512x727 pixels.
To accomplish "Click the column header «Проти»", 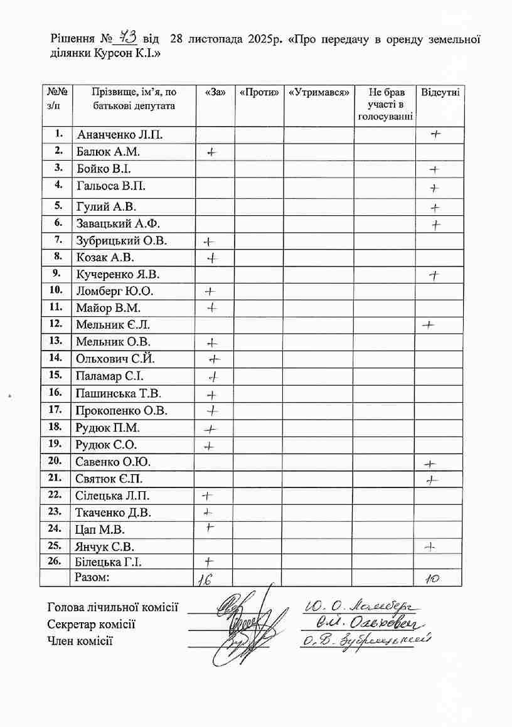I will pyautogui.click(x=259, y=92).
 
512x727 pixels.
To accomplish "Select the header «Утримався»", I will pyautogui.click(x=319, y=92).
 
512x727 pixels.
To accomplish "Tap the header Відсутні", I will pyautogui.click(x=440, y=92).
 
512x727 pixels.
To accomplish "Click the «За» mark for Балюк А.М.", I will pyautogui.click(x=211, y=152).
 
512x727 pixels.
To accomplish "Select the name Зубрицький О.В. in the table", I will pyautogui.click(x=122, y=241).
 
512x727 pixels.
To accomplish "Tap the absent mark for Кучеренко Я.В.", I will pyautogui.click(x=434, y=275).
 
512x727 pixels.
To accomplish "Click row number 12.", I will pyautogui.click(x=56, y=324).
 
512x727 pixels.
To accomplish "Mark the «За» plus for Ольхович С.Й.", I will pyautogui.click(x=215, y=359).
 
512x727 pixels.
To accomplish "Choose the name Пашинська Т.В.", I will pyautogui.click(x=119, y=394).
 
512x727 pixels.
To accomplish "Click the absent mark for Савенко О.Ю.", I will pyautogui.click(x=430, y=464).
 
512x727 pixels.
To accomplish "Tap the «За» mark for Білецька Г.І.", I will pyautogui.click(x=209, y=561).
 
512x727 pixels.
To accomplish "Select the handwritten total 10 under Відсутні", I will pyautogui.click(x=432, y=580).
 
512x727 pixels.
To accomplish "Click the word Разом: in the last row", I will pyautogui.click(x=92, y=577).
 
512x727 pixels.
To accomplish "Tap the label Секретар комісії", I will pyautogui.click(x=92, y=624).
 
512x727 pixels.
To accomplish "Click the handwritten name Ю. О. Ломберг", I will pyautogui.click(x=361, y=606).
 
